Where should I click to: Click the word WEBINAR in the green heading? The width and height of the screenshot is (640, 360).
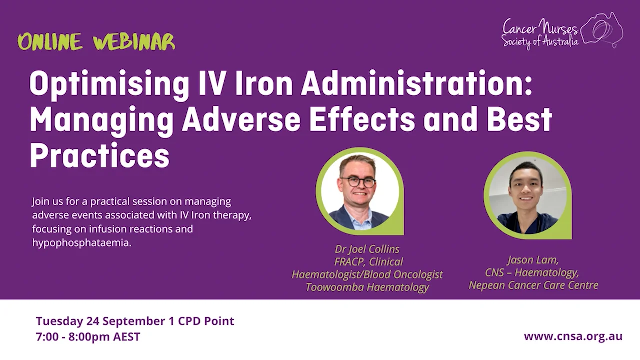tap(134, 42)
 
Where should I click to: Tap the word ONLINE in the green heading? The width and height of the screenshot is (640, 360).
tap(50, 42)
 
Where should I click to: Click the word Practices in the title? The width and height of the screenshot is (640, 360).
tap(99, 156)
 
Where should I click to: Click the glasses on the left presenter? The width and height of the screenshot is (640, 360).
tap(357, 181)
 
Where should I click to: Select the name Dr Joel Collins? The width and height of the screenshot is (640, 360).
tap(367, 249)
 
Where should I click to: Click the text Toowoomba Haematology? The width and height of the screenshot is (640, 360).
tap(367, 287)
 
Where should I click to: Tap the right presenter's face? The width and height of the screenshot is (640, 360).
tap(525, 189)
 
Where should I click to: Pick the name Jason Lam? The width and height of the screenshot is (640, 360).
tap(533, 260)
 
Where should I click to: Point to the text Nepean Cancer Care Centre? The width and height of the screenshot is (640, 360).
tap(533, 285)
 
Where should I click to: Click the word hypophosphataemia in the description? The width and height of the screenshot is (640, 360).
tap(82, 243)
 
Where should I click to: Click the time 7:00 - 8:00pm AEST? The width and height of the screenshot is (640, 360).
tap(88, 337)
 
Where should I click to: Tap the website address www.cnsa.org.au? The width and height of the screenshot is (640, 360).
tap(573, 336)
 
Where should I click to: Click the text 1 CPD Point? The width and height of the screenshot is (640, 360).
tap(205, 321)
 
